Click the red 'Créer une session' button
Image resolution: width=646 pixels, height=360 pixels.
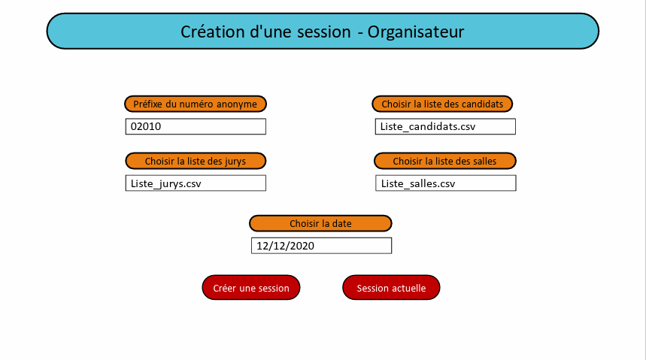[x=251, y=288]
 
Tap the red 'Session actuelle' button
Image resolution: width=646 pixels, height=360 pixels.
[x=391, y=288]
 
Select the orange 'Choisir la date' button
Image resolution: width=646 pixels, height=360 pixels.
[x=320, y=223]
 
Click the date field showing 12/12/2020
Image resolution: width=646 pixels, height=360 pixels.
[x=321, y=246]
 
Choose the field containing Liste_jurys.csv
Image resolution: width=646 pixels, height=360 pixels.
[x=196, y=183]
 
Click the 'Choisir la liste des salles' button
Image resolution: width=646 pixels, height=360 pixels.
[x=445, y=161]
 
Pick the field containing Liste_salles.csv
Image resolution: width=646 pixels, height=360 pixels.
[x=446, y=183]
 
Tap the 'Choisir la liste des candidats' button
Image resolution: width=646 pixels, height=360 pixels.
[x=442, y=104]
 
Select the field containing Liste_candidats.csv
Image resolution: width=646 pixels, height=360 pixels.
[x=445, y=126]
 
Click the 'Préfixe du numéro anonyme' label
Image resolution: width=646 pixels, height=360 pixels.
[x=196, y=104]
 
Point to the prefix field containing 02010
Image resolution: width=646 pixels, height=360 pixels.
[x=196, y=126]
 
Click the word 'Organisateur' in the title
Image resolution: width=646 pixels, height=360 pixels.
[x=416, y=32]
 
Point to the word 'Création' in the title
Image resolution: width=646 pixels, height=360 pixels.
[x=213, y=32]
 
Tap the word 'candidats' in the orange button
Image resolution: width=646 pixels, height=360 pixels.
[x=482, y=104]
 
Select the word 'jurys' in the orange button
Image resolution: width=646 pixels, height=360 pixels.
[x=235, y=162]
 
